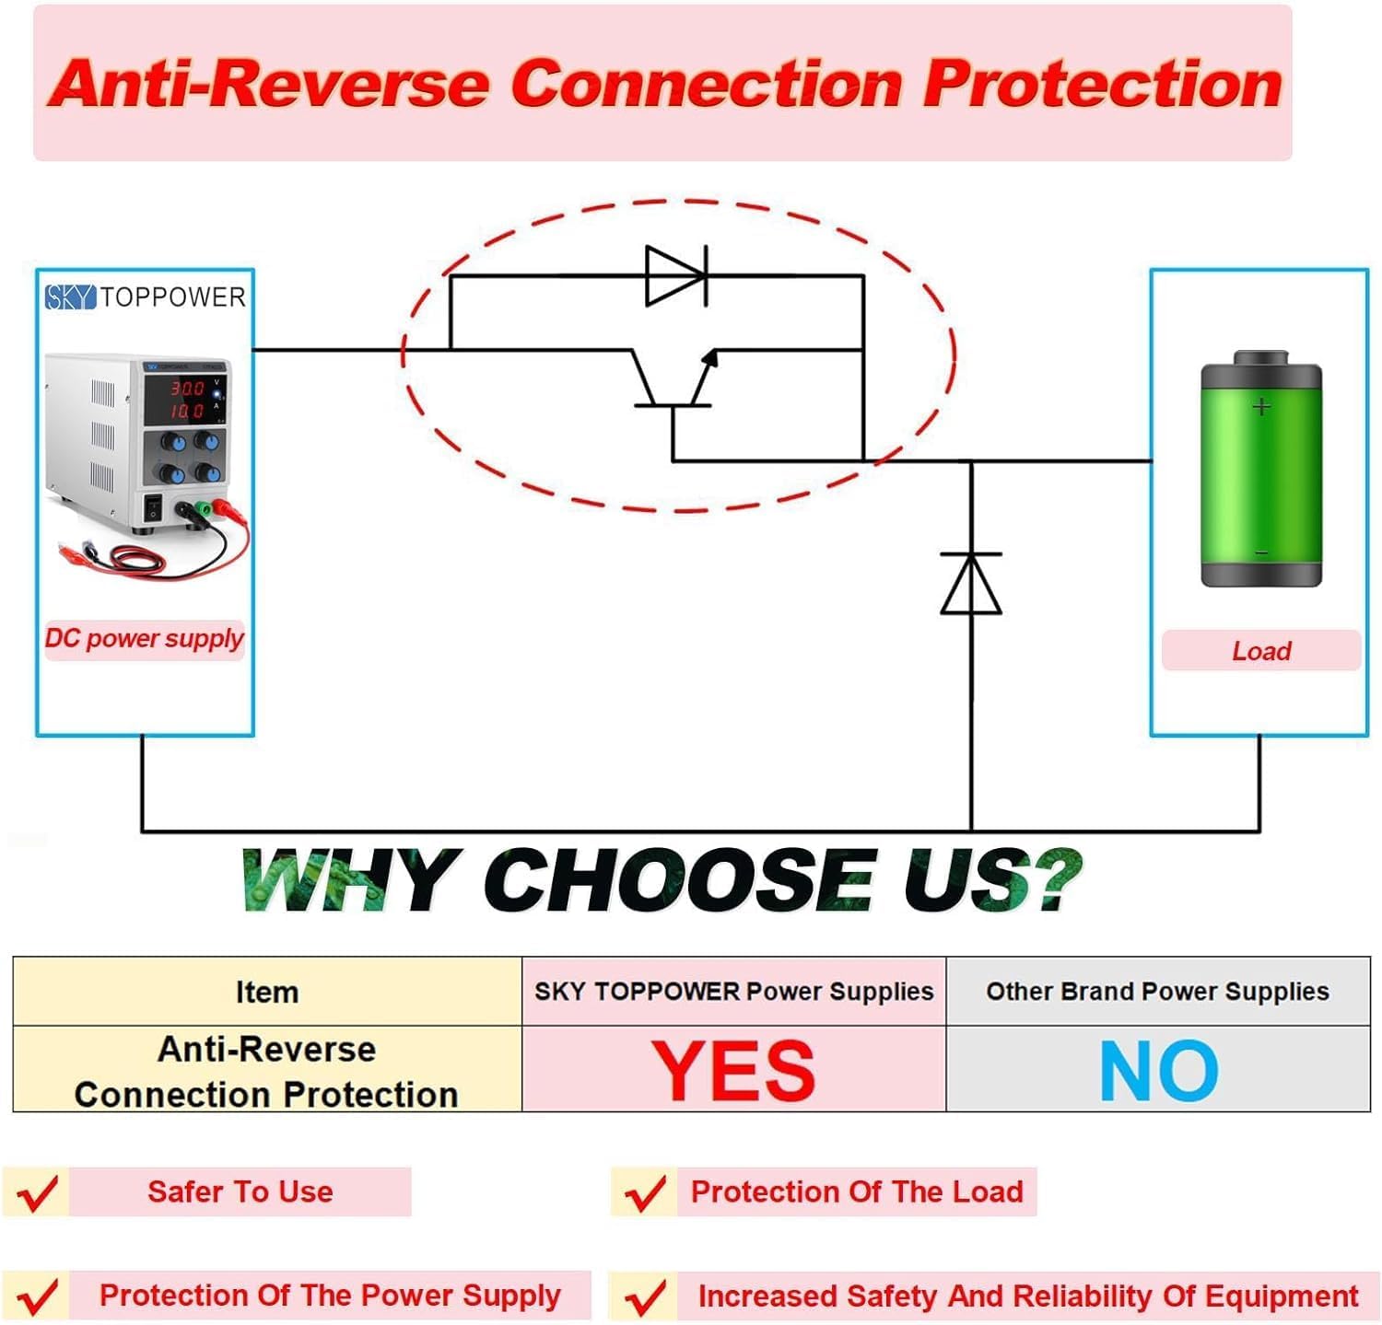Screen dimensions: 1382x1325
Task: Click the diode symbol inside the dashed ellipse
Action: pos(677,275)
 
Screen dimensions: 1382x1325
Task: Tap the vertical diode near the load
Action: pos(971,583)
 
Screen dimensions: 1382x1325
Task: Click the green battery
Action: pos(1261,469)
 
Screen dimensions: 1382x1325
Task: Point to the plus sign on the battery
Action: pos(1261,406)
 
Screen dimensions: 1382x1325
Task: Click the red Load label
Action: pos(1261,651)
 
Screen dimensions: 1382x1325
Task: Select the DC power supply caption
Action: pos(145,639)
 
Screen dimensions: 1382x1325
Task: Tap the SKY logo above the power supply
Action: pos(70,297)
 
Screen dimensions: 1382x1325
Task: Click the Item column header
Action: pos(267,992)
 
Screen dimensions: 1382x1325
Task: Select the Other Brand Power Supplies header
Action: pos(1158,992)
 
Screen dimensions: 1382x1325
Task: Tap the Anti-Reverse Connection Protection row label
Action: pos(267,1072)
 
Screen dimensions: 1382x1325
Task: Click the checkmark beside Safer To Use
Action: pos(38,1193)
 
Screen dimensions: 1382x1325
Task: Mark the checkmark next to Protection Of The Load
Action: pos(644,1193)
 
